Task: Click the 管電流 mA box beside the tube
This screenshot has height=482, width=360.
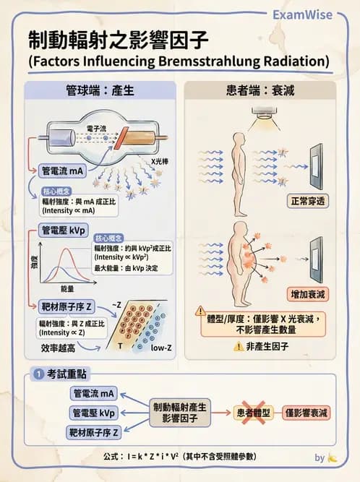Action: click(x=62, y=172)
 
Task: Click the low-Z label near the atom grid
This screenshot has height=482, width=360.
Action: click(x=160, y=348)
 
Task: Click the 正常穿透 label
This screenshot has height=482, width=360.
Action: click(x=309, y=200)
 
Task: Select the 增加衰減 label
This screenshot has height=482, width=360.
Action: click(x=309, y=295)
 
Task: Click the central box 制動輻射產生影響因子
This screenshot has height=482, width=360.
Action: click(x=179, y=413)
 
